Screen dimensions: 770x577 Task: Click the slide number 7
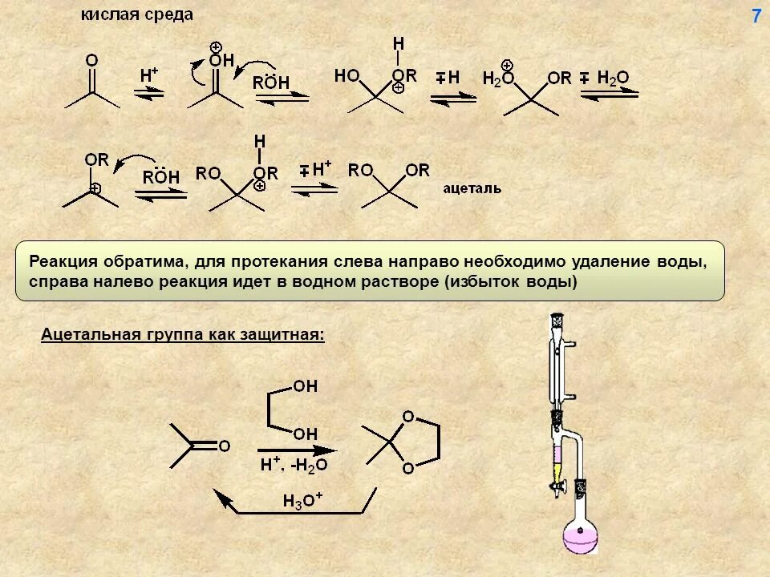coord(756,16)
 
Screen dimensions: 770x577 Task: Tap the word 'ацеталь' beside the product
coord(472,189)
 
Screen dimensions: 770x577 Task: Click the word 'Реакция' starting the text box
coord(64,262)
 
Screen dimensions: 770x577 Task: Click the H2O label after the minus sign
coord(613,78)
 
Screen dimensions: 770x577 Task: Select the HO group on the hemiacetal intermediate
coord(347,75)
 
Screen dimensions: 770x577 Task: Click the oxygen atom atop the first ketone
coord(91,60)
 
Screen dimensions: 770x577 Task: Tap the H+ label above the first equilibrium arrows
coord(149,75)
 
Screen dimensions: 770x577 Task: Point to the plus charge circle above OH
coord(217,46)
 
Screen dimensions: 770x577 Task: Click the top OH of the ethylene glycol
coord(306,387)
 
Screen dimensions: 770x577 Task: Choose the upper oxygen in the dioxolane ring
coord(408,417)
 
